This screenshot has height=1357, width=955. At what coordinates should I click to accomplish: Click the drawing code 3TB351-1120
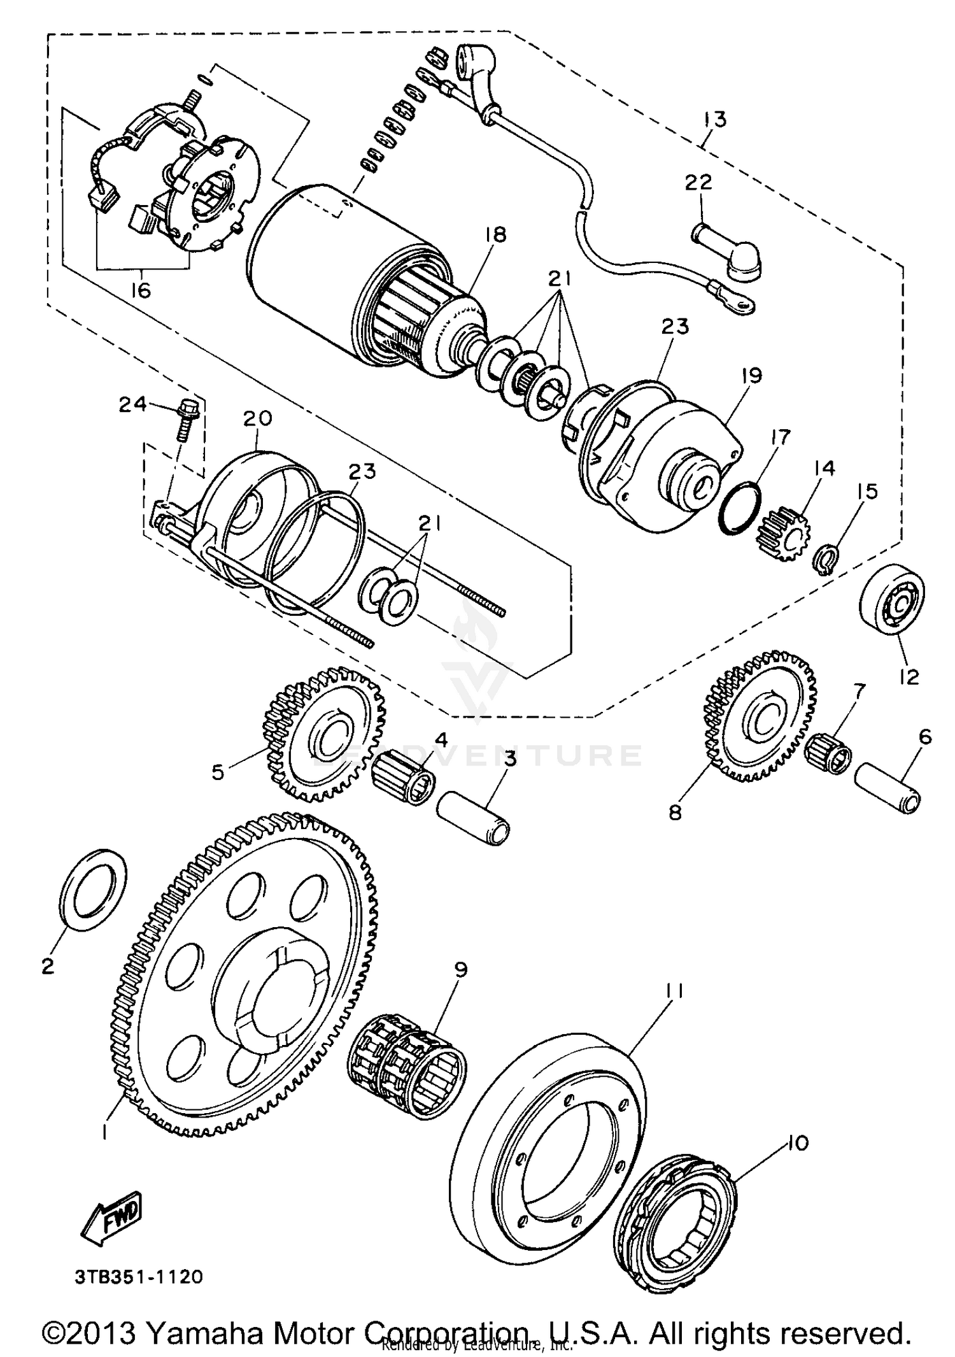[x=139, y=1276]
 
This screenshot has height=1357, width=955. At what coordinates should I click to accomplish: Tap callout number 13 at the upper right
[x=715, y=119]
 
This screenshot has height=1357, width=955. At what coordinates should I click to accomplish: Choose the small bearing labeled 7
[x=827, y=754]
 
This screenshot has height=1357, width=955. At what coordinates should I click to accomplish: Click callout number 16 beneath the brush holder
[x=141, y=290]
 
